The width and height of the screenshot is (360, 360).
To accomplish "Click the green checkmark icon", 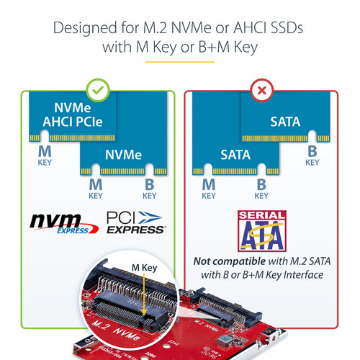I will pos(98,90).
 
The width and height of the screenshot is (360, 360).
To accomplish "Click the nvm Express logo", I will pos(60,221).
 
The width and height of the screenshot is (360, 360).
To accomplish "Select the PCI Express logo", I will pos(135,221).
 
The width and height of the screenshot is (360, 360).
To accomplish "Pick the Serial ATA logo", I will pos(261,230).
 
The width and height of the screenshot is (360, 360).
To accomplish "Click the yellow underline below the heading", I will pos(179,62).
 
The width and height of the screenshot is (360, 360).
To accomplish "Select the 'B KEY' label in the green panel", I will pos(149,189).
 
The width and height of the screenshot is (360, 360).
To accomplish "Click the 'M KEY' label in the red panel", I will pos(208,189).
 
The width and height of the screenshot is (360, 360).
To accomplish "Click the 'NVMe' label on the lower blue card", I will pos(123,154).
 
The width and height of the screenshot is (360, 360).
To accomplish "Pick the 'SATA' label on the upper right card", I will pos(285,122).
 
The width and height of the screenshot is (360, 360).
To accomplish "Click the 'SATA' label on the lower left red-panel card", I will pos(235,154).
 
